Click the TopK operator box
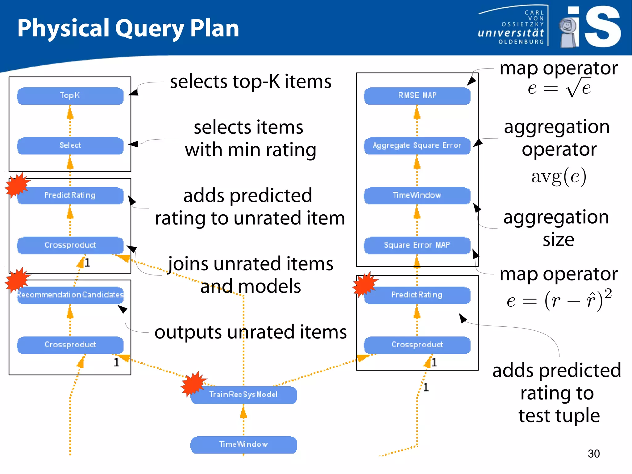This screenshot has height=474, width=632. [x=70, y=96]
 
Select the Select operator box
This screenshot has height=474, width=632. [x=70, y=145]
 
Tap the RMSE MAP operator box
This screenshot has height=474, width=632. [x=417, y=96]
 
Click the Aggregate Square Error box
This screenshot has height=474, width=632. [x=417, y=145]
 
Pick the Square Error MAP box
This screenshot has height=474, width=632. [x=417, y=245]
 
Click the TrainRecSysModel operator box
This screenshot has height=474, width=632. [x=243, y=395]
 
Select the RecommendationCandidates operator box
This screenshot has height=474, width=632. [x=70, y=295]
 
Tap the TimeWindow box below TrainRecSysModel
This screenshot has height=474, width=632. [x=243, y=445]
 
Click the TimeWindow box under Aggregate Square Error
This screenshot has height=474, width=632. [x=417, y=195]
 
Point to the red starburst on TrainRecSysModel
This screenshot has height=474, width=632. [x=193, y=384]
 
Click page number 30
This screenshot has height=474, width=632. [x=593, y=454]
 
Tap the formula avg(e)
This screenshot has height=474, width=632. [x=559, y=177]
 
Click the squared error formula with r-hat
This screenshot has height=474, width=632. [x=559, y=300]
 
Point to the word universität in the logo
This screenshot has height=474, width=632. [x=511, y=33]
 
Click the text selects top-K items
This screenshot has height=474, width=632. [x=251, y=82]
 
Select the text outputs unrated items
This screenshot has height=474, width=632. [x=251, y=332]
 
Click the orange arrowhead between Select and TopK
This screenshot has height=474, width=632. [x=70, y=114]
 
